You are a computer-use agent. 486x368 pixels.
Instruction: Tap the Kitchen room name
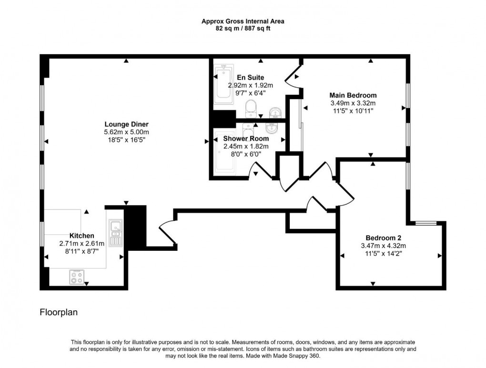82,236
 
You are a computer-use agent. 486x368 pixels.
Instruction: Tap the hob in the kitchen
76,277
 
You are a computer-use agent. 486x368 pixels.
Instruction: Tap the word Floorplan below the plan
58,313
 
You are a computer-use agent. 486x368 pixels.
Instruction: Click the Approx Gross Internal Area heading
243,21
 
